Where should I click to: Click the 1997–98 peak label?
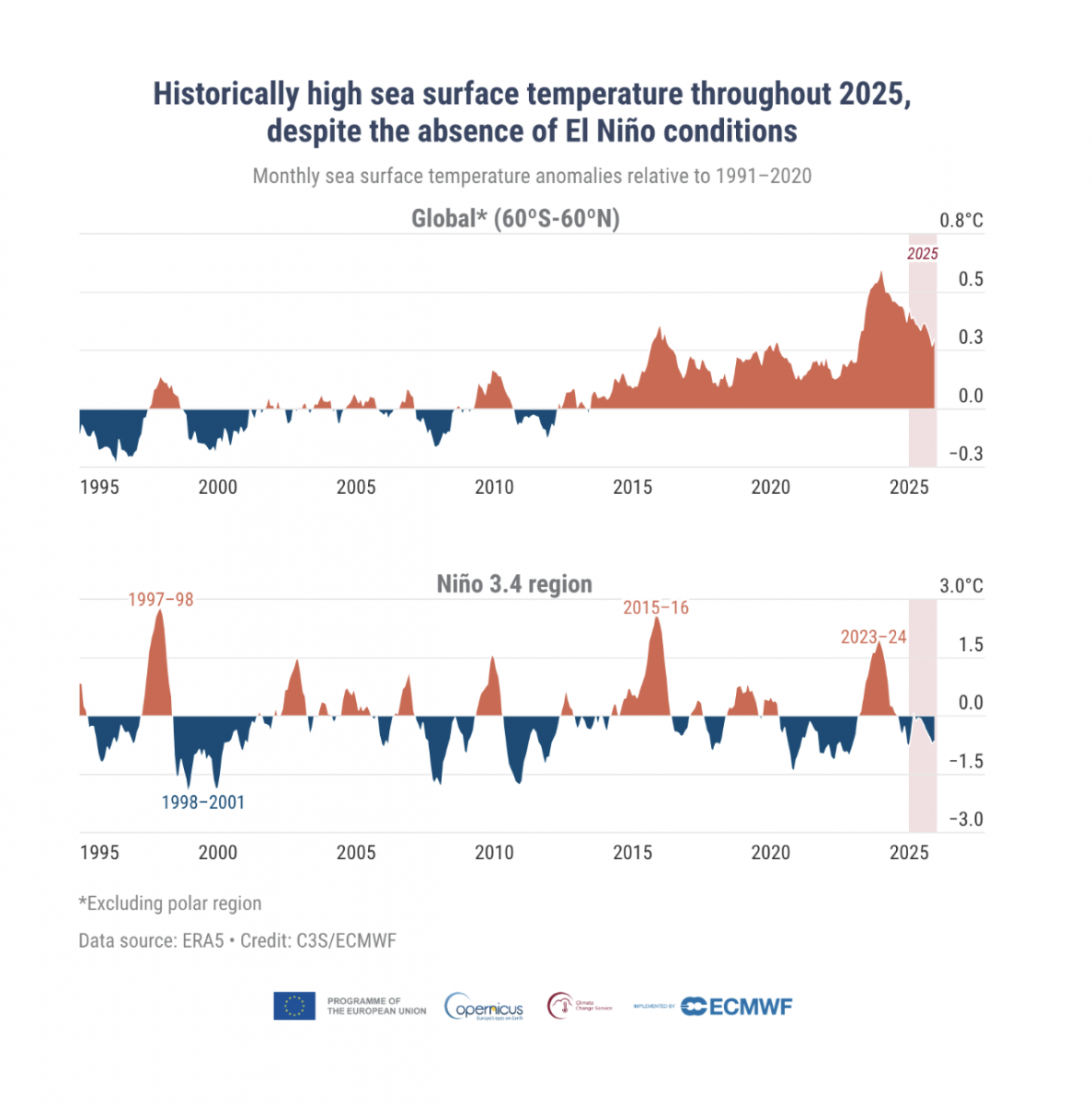point(160,600)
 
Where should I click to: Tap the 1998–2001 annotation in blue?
point(202,802)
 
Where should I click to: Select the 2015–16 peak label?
point(655,608)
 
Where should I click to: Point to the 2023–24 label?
point(873,638)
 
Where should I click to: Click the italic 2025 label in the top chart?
point(923,254)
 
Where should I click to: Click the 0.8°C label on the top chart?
point(960,221)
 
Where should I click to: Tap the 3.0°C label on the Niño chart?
point(960,586)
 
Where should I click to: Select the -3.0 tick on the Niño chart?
point(966,820)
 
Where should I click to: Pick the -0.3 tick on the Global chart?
point(966,454)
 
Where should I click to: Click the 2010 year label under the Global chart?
point(494,488)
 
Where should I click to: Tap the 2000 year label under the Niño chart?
point(218,853)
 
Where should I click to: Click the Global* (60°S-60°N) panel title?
point(515,219)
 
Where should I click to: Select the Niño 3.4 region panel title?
point(514,584)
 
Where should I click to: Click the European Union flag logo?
point(294,1006)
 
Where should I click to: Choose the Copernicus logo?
point(484,1006)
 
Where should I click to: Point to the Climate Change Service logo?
point(580,1006)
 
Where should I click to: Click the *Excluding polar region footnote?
point(170,903)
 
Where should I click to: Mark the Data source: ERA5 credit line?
point(237,941)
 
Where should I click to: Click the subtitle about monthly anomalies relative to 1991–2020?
point(532,176)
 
